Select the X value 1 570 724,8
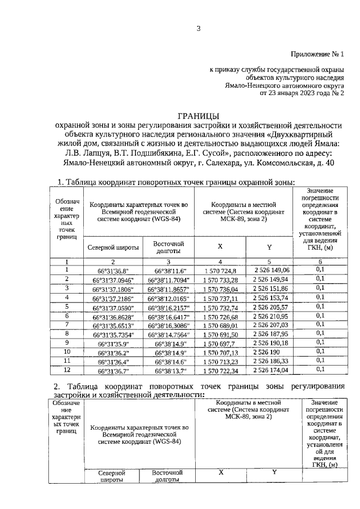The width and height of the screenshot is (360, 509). (220, 271)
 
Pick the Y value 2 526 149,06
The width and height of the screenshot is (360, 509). (271, 271)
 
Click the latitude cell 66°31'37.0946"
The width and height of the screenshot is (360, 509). (115, 280)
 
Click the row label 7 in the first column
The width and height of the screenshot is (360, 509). (67, 325)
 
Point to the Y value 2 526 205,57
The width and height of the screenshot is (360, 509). (271, 307)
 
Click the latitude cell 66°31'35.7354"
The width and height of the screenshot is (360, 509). (115, 334)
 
